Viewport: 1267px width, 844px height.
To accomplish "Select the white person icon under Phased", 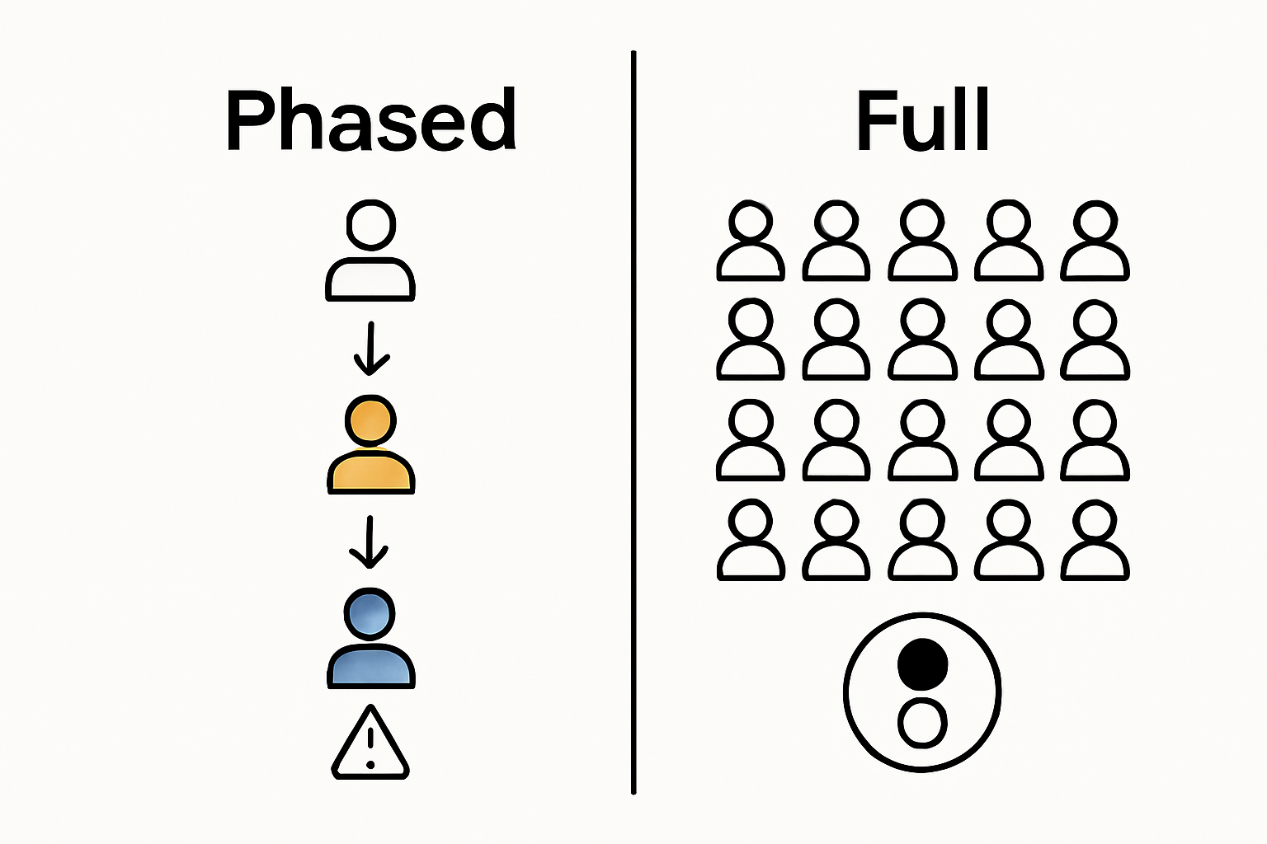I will tap(370, 251).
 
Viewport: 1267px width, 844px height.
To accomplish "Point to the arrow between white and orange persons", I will tap(371, 349).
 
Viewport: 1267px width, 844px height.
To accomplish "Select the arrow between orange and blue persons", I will tap(370, 542).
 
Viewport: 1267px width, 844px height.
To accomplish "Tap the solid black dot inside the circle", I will tap(922, 663).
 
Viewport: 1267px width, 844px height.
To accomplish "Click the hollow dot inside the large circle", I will tap(922, 724).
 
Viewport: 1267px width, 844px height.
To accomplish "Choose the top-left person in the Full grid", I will tap(751, 241).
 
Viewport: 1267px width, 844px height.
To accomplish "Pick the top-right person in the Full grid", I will tap(1095, 241).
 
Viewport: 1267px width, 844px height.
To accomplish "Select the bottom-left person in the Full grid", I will tap(751, 541).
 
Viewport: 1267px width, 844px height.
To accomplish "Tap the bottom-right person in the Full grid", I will tap(1095, 541).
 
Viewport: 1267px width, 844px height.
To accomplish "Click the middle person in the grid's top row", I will tap(922, 241).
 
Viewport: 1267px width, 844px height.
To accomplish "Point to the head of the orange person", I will tap(370, 421).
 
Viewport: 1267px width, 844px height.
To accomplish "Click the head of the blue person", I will tap(370, 614).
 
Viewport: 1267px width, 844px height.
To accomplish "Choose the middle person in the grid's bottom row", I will tap(922, 541).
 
